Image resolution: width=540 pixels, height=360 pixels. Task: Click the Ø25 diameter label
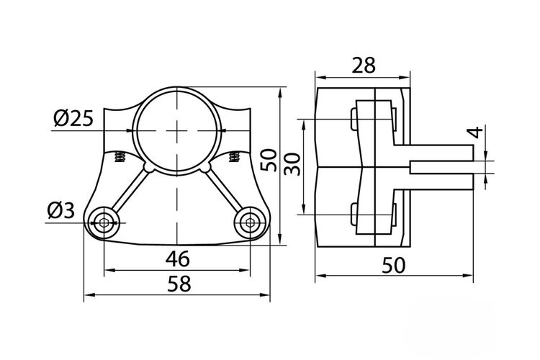(73, 119)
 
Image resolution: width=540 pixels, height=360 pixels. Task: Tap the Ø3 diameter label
(60, 210)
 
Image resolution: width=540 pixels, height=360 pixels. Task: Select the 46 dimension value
(177, 258)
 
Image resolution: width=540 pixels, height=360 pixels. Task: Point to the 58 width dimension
(179, 284)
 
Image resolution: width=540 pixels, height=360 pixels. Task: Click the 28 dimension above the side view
(364, 66)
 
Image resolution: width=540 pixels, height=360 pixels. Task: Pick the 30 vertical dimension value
(293, 165)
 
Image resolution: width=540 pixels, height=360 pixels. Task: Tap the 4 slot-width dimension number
(477, 132)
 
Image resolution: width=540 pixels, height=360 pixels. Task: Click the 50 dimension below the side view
(394, 266)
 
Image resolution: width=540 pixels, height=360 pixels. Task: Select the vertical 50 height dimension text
(269, 160)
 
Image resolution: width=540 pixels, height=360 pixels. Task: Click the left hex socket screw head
(104, 223)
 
